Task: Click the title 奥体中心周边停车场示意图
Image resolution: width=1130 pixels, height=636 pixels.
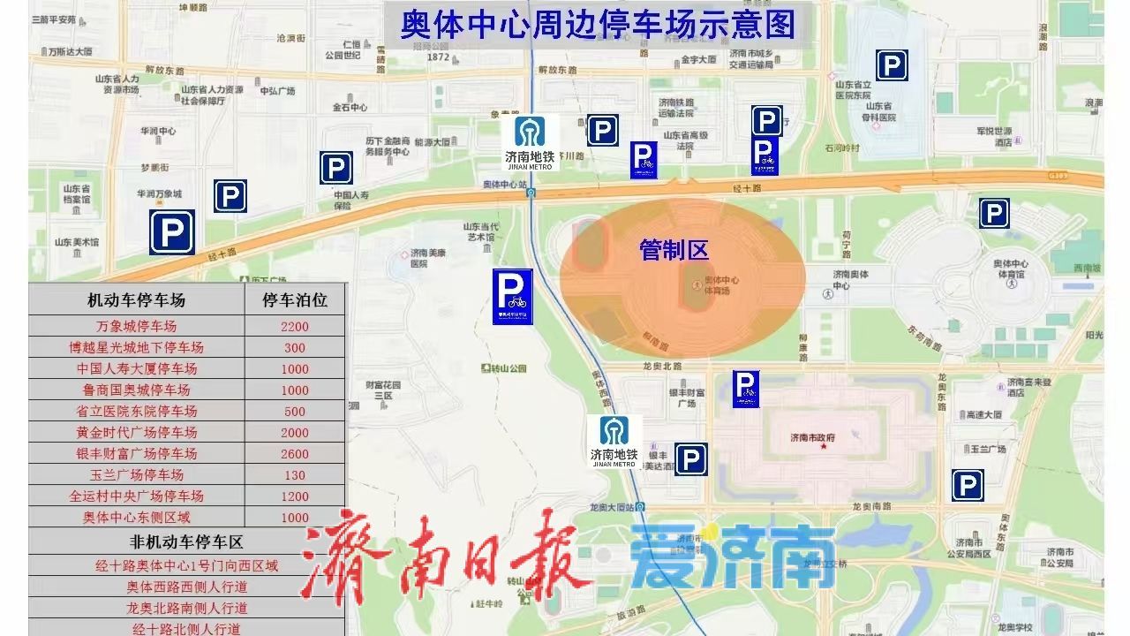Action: (597, 25)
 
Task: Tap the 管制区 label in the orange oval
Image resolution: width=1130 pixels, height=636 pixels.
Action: (674, 251)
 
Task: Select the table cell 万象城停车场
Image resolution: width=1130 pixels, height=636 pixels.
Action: (136, 326)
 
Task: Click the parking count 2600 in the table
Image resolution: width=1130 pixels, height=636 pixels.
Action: (295, 454)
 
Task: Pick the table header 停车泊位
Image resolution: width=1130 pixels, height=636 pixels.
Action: (295, 300)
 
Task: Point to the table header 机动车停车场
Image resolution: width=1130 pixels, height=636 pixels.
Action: (136, 300)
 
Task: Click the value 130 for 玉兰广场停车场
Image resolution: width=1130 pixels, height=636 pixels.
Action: (295, 475)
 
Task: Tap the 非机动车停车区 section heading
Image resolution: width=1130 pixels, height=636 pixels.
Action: (186, 541)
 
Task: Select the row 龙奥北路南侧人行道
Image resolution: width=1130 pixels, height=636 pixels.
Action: (186, 608)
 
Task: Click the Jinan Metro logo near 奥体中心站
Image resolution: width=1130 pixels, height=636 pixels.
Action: (531, 141)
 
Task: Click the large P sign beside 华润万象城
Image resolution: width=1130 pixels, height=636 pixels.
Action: (171, 231)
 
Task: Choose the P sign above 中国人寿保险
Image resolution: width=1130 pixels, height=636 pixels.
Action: (335, 167)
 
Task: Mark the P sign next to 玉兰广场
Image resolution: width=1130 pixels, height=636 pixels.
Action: (968, 486)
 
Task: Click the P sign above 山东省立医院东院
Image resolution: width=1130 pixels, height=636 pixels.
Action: (892, 64)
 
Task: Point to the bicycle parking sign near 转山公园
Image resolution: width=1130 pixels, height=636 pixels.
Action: (512, 296)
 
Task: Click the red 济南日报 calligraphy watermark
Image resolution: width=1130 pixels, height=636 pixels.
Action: (445, 557)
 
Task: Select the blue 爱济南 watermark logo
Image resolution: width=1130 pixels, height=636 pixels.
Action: (733, 557)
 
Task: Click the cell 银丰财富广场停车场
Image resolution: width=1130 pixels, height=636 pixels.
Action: (136, 454)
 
